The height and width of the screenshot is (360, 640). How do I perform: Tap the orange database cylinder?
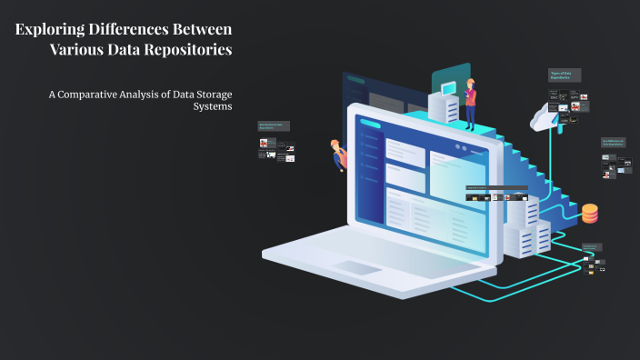(x=590, y=214)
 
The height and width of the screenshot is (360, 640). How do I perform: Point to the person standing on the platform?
(x=471, y=99)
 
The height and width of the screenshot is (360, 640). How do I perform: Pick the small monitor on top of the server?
(x=448, y=88)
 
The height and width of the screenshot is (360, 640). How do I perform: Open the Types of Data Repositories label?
(x=565, y=75)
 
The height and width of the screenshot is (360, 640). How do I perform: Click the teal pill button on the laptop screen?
(x=370, y=123)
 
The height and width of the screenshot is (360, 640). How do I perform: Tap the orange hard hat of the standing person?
(x=471, y=82)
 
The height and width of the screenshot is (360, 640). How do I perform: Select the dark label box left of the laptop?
(x=275, y=126)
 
